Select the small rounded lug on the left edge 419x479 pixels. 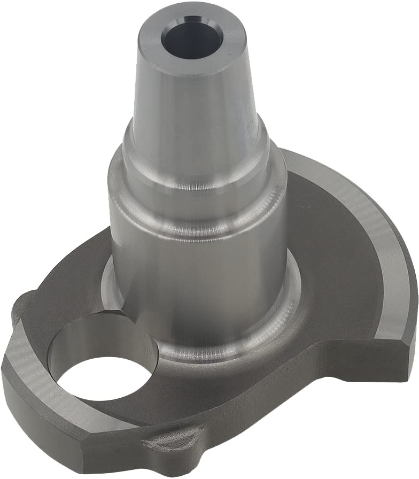tap(21, 305)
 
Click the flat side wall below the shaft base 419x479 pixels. tap(240, 406)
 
